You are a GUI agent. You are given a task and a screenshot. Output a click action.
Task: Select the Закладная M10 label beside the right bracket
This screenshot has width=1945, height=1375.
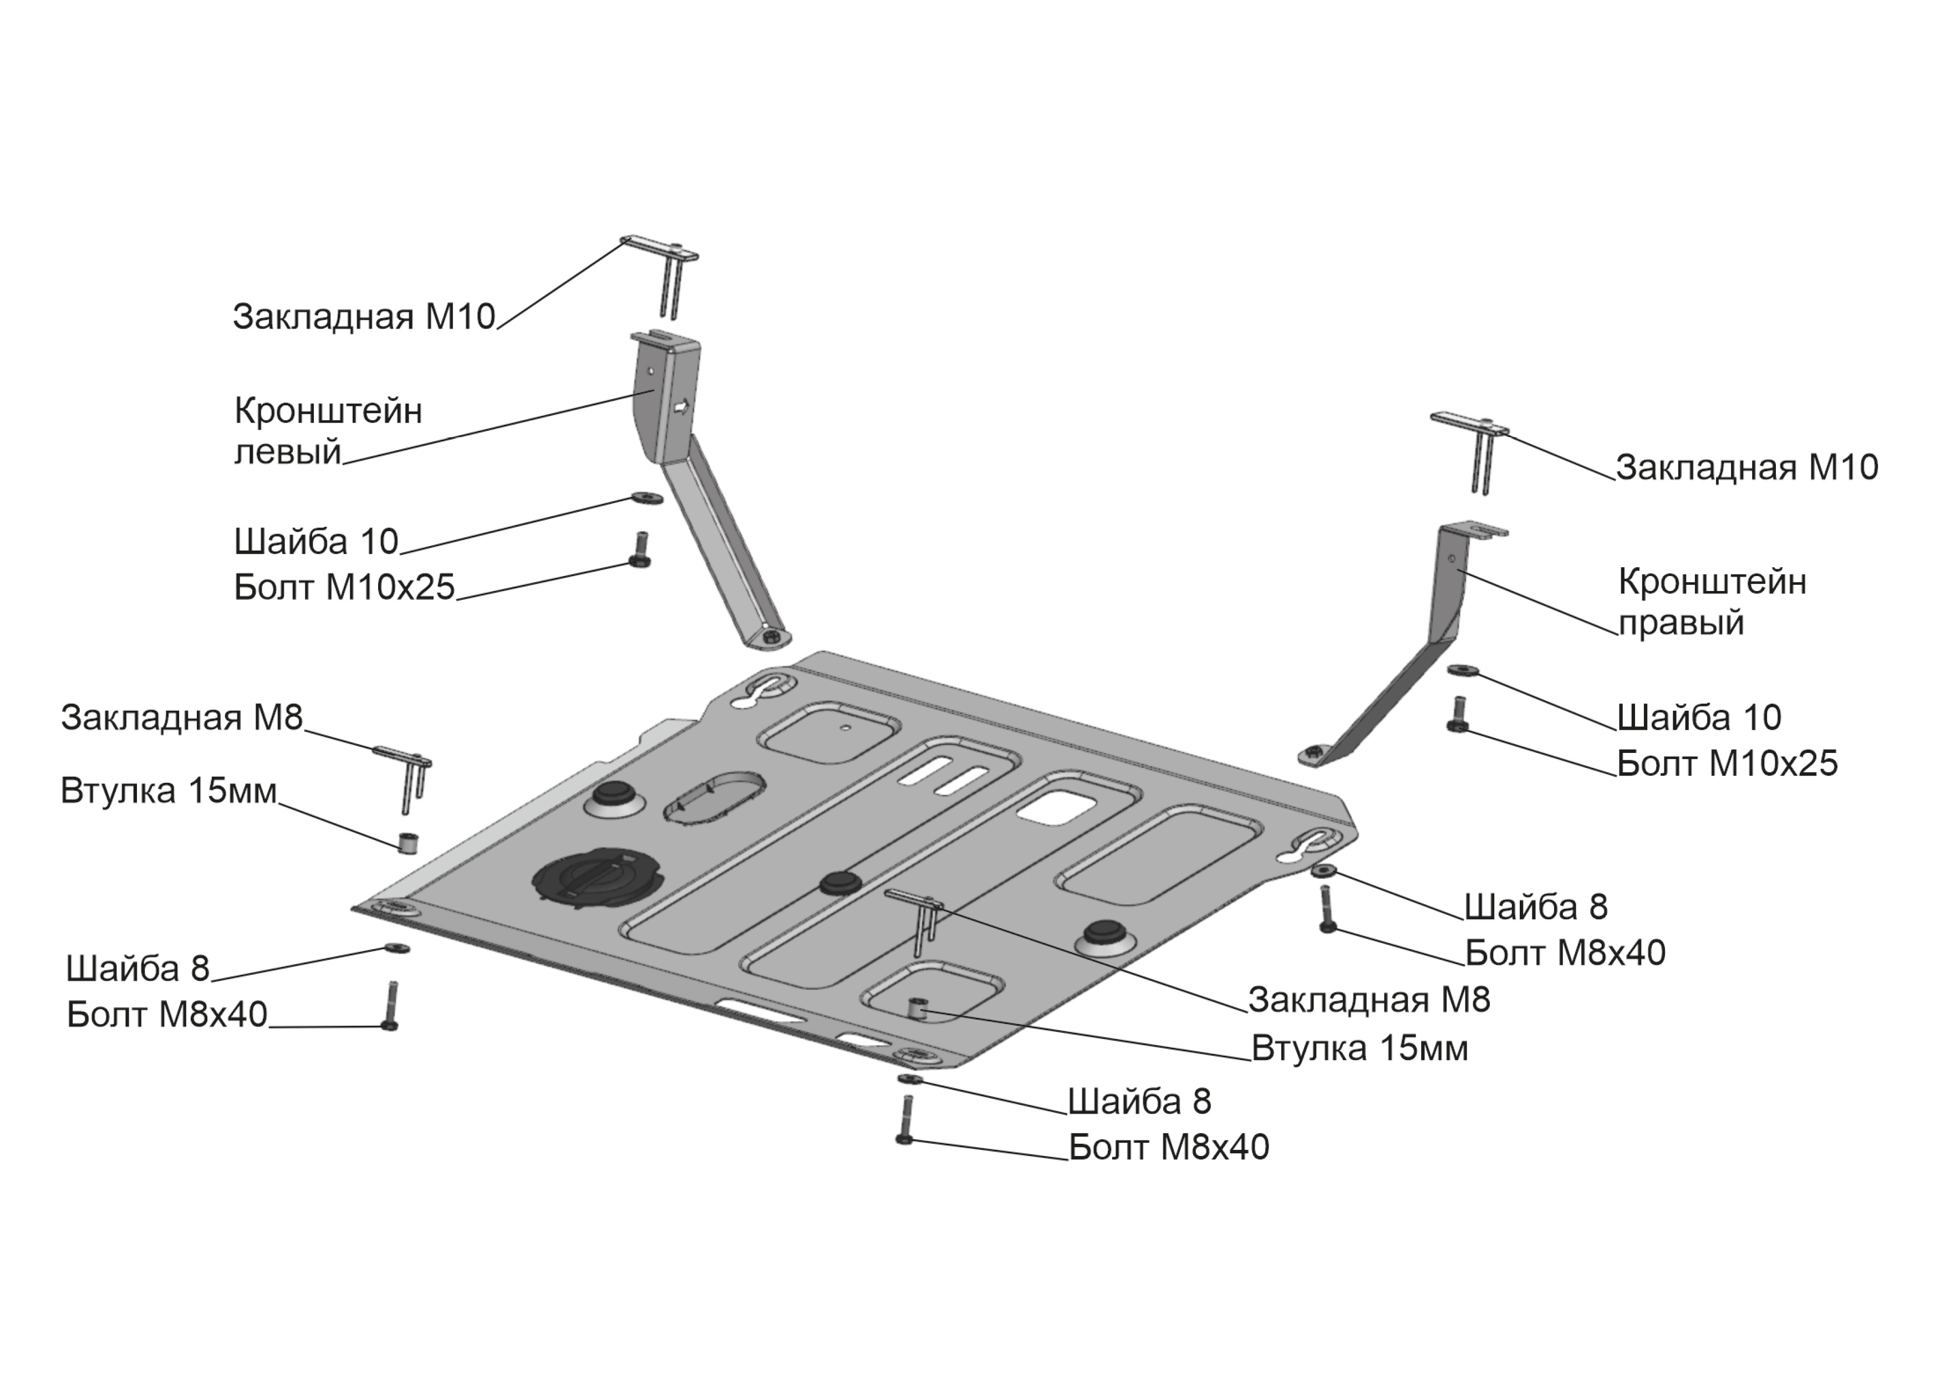[1747, 467]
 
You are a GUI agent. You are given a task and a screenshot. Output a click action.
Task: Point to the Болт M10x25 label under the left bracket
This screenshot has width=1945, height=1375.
[344, 587]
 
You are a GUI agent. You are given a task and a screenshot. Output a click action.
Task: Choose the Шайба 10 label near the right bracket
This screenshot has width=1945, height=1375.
[1698, 717]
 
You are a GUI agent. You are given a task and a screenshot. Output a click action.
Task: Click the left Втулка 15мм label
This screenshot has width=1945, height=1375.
[169, 791]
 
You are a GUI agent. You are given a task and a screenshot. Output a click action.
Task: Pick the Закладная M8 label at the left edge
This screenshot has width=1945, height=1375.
[181, 717]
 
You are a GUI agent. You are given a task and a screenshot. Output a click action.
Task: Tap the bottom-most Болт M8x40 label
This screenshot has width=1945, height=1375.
[1169, 1148]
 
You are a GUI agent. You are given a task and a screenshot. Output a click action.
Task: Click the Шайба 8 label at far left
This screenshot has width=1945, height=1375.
[138, 969]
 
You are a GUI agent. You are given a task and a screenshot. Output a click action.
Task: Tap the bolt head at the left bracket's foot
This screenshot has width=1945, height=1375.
[772, 636]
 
